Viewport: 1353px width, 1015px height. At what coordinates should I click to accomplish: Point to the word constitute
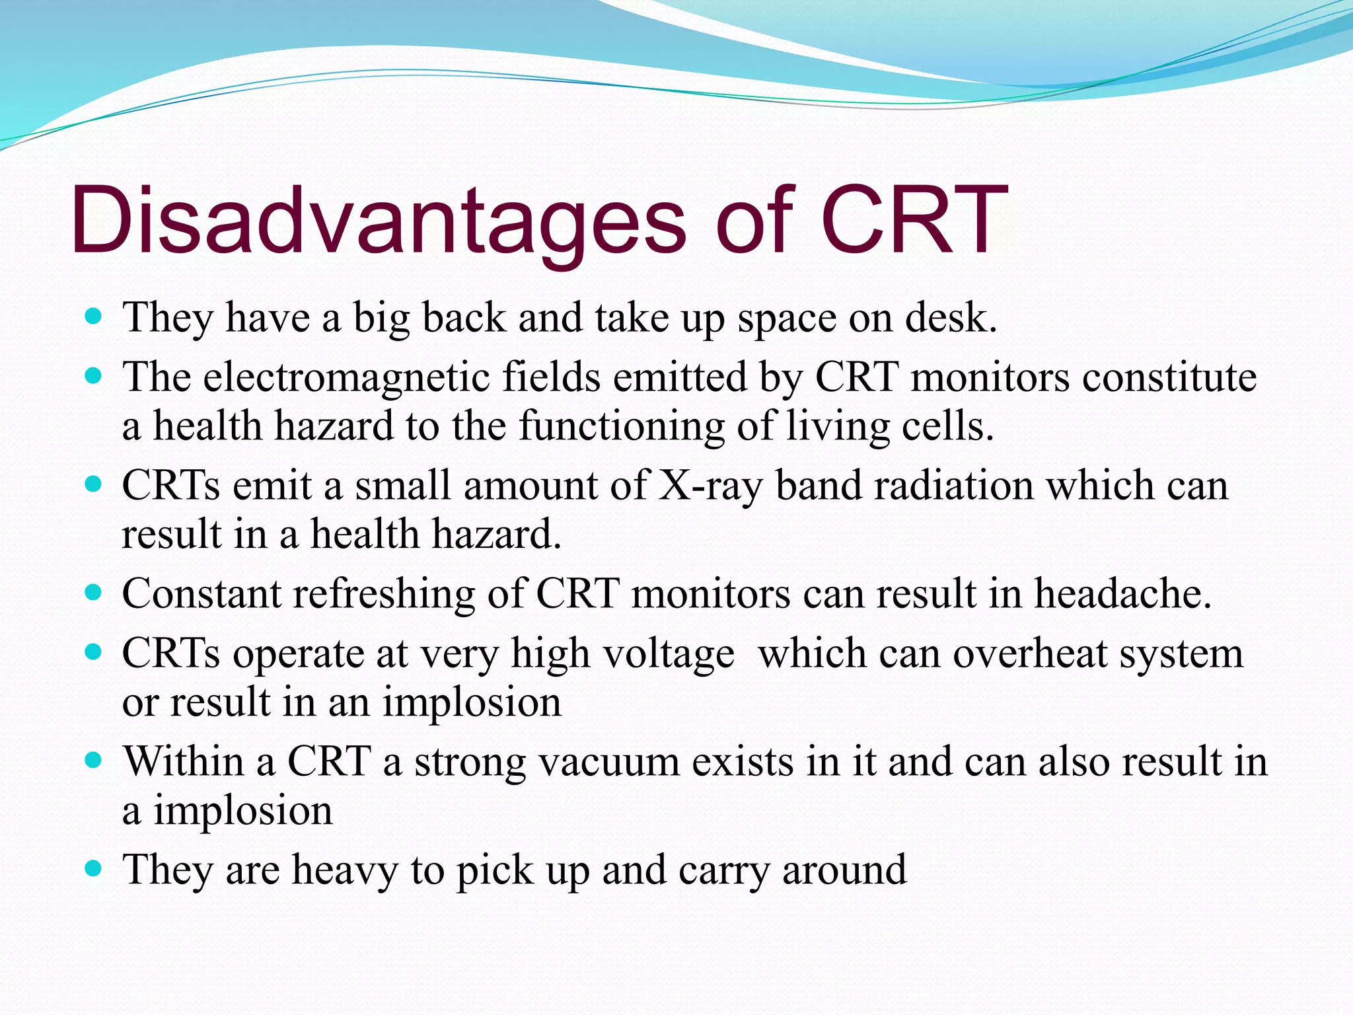[1169, 378]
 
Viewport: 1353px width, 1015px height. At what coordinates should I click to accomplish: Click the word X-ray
[710, 486]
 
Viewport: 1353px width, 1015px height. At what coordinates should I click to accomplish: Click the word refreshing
[383, 595]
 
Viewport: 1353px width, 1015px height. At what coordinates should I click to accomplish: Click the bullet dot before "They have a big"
[94, 317]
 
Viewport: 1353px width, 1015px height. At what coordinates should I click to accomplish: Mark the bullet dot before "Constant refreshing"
[94, 592]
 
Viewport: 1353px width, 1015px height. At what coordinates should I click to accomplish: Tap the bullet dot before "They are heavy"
[94, 868]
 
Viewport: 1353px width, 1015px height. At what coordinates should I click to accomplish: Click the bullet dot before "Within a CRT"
[94, 760]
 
